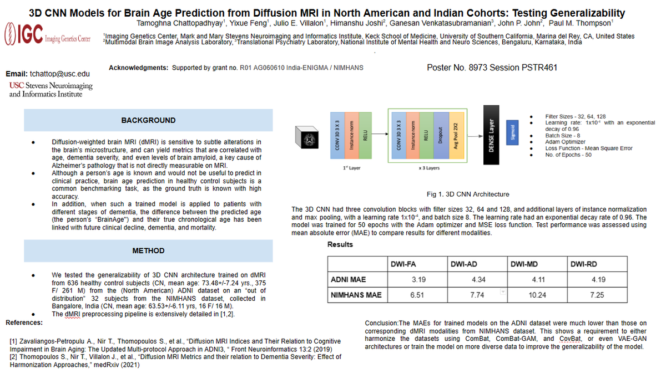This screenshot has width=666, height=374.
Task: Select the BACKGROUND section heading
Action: click(x=148, y=120)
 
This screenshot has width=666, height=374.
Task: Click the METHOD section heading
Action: click(x=148, y=251)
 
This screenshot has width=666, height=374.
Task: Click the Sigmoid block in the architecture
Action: click(x=513, y=133)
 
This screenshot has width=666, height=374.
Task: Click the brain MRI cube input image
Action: click(x=306, y=135)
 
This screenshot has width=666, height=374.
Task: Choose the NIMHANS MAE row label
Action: click(x=356, y=295)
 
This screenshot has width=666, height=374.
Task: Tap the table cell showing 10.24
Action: click(x=538, y=295)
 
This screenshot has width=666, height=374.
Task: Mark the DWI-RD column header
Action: click(x=584, y=264)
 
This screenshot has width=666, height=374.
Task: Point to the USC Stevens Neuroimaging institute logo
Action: click(x=51, y=90)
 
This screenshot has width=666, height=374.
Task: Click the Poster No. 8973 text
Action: click(x=461, y=68)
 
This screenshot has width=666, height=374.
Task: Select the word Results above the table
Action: click(x=340, y=244)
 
